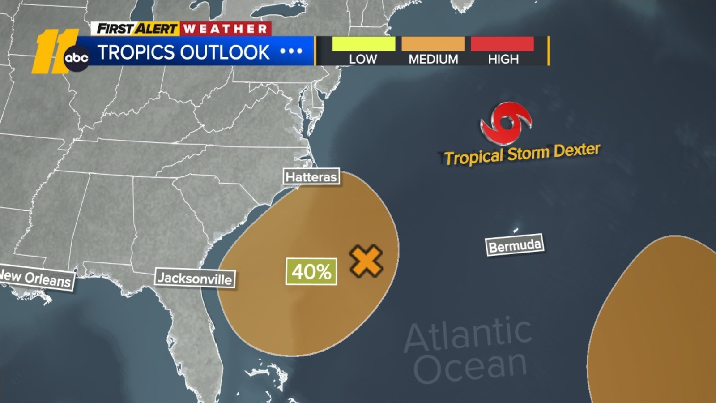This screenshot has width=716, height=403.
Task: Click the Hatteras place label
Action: click(x=311, y=177)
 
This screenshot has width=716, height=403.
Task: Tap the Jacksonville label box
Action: click(x=195, y=278)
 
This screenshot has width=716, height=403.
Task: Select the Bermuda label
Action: click(x=515, y=245)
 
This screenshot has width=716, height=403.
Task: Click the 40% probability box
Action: click(x=311, y=271)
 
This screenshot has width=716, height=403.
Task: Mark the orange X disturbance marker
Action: click(x=366, y=261)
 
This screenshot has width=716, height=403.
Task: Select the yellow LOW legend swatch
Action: click(x=363, y=44)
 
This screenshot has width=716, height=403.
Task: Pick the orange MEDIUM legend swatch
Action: click(x=433, y=44)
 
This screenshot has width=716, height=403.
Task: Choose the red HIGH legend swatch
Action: click(x=502, y=44)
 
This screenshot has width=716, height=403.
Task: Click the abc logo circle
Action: click(x=77, y=58)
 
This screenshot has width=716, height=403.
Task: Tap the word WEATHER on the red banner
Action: click(x=225, y=29)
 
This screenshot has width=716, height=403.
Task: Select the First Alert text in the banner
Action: click(x=137, y=29)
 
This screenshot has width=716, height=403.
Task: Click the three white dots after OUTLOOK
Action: click(x=291, y=51)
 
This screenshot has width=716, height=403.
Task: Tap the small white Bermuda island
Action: click(x=516, y=230)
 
